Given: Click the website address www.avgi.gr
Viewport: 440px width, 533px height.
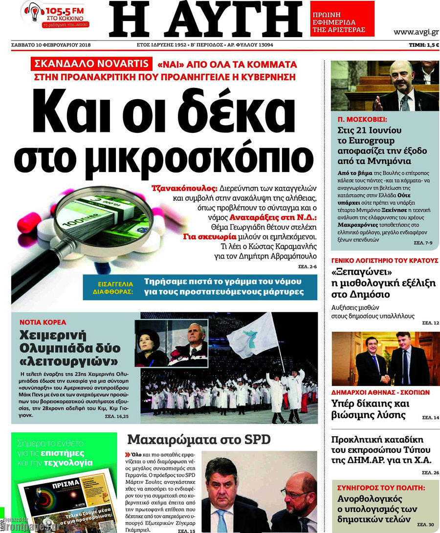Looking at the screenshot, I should click(x=416, y=32).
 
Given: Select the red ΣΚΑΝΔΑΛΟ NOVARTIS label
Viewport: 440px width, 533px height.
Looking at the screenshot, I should click(x=92, y=64).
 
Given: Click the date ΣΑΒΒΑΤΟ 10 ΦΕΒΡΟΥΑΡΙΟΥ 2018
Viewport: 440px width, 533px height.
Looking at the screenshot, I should click(x=51, y=45).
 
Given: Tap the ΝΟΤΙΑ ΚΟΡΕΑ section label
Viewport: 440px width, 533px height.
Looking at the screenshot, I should click(x=43, y=322).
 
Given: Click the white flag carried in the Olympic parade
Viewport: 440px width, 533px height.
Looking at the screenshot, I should click(x=253, y=335).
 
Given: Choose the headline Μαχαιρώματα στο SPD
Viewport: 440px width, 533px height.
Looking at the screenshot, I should click(x=198, y=439).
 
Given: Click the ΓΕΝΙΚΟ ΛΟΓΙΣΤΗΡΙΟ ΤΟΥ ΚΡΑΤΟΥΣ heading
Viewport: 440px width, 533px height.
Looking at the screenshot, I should click(x=385, y=260).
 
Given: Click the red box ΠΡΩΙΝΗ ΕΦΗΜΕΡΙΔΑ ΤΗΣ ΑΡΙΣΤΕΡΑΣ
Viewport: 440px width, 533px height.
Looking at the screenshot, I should click(x=342, y=22).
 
